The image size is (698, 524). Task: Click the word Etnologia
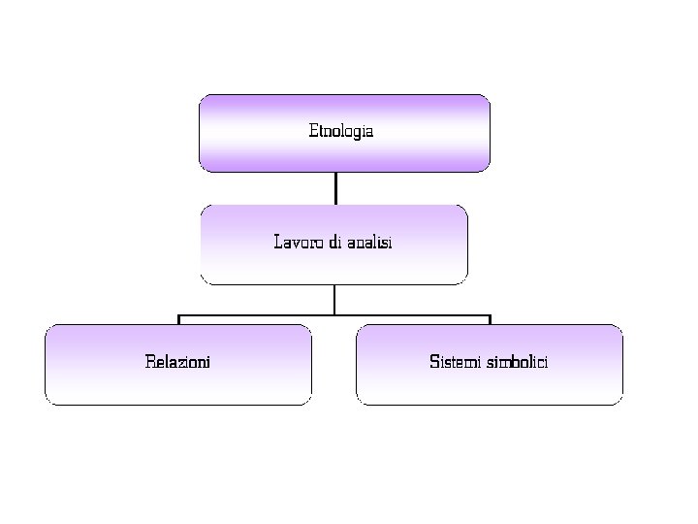click(340, 130)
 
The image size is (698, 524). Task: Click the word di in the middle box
click(334, 242)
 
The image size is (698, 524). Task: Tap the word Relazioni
click(177, 362)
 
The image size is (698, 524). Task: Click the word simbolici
click(517, 362)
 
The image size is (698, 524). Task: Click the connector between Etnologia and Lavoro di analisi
click(335, 187)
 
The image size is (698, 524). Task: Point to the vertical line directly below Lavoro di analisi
click(334, 299)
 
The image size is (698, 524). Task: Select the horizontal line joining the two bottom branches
click(407, 315)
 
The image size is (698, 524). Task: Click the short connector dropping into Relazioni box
click(178, 319)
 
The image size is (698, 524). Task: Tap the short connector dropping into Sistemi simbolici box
click(490, 319)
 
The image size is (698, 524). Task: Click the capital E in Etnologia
click(312, 130)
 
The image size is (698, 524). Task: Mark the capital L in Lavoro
click(278, 242)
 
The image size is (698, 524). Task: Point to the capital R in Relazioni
click(149, 362)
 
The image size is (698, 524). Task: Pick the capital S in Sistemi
click(433, 362)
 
